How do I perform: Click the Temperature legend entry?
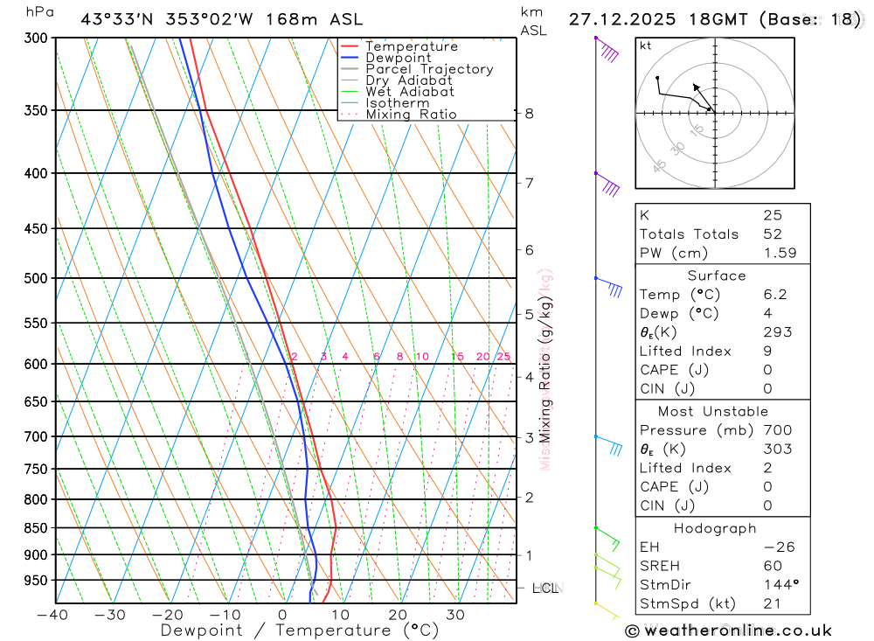tap(411, 46)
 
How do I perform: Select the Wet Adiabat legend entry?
tap(409, 91)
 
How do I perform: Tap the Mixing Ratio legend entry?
tap(411, 114)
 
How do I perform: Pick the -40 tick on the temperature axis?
tap(53, 615)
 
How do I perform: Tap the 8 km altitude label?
tap(529, 114)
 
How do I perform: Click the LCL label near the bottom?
tap(545, 589)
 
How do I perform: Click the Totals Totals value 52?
tap(772, 233)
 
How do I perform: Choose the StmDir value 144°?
tap(778, 584)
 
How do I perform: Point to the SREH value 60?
tap(772, 566)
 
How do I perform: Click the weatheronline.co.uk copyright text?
tap(728, 631)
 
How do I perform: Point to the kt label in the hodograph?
tap(646, 45)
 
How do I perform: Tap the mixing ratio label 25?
tap(503, 357)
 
